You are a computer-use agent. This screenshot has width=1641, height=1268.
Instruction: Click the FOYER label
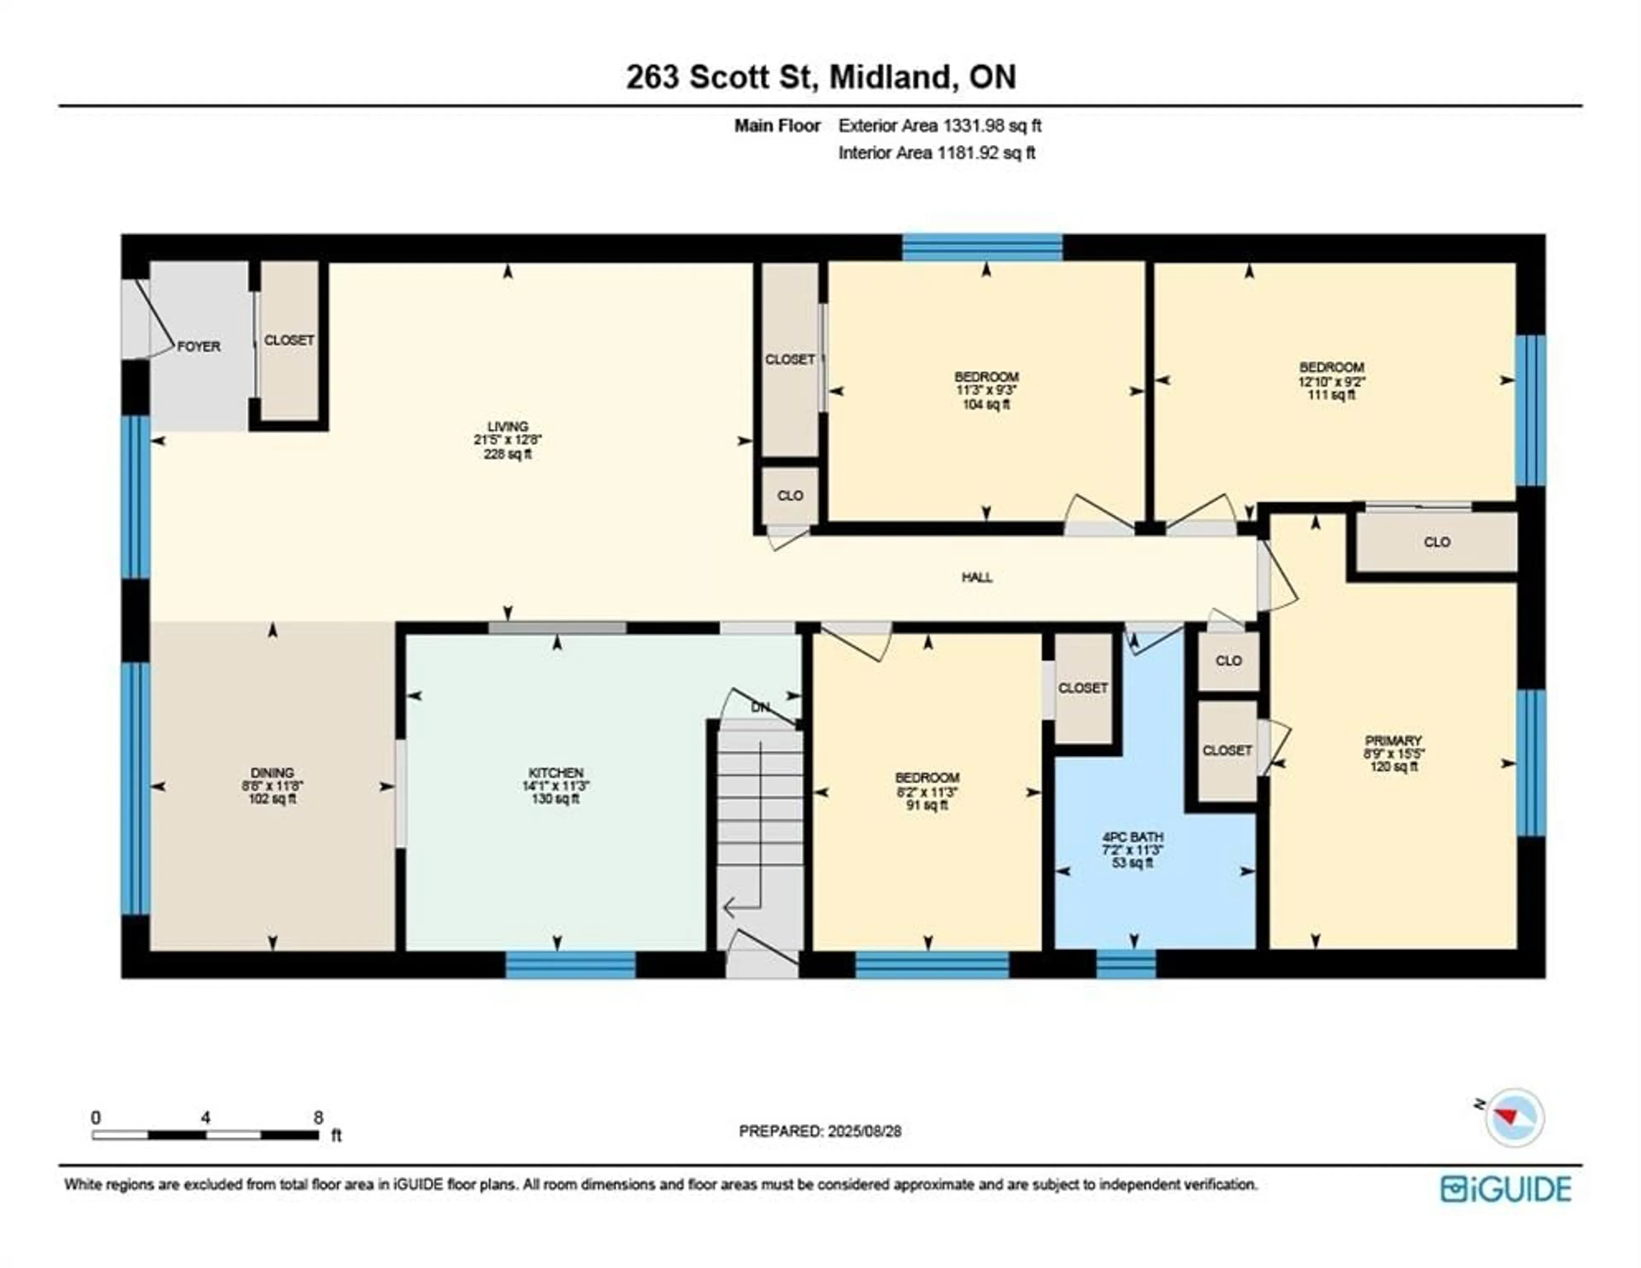[x=198, y=347]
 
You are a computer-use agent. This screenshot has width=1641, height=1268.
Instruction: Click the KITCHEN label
[x=556, y=773]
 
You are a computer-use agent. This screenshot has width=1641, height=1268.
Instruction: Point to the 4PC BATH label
[x=1133, y=836]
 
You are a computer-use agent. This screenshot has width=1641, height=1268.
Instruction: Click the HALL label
[x=977, y=577]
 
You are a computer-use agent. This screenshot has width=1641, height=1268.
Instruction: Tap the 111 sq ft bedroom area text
[x=1332, y=394]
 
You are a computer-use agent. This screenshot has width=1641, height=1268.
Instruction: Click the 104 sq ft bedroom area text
[x=987, y=404]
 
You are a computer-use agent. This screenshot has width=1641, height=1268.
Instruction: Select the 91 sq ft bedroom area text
[x=927, y=805]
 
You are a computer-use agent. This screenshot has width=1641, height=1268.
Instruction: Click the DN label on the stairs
[x=760, y=707]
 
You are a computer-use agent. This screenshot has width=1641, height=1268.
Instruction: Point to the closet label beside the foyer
[x=288, y=341]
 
